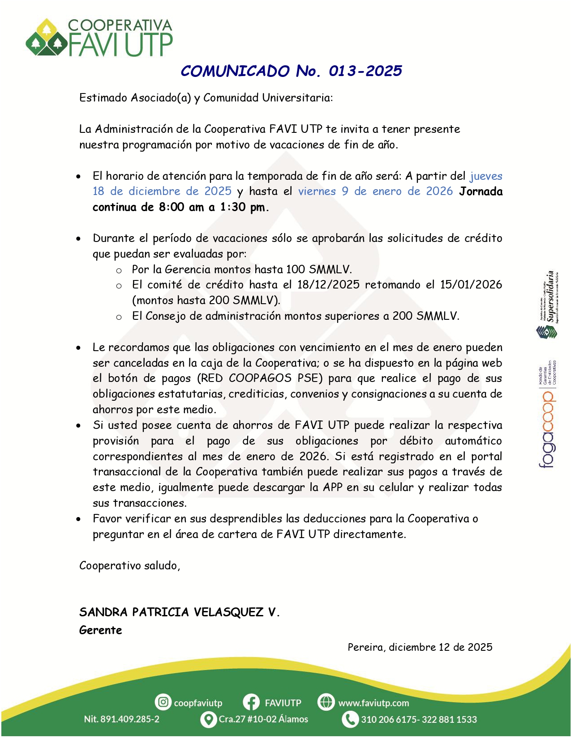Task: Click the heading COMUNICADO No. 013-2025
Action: click(291, 71)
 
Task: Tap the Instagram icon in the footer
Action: click(163, 702)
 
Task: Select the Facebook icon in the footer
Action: click(251, 702)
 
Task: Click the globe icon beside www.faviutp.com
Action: click(326, 702)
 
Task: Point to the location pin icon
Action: click(208, 719)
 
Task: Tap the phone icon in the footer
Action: click(350, 719)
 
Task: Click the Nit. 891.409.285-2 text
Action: click(121, 719)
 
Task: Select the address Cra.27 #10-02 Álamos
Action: click(263, 719)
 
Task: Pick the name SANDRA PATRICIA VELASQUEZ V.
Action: click(179, 612)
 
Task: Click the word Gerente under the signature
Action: click(101, 630)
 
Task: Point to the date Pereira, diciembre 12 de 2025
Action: click(420, 647)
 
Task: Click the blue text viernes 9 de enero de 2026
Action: click(376, 191)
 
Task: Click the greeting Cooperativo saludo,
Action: click(129, 566)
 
